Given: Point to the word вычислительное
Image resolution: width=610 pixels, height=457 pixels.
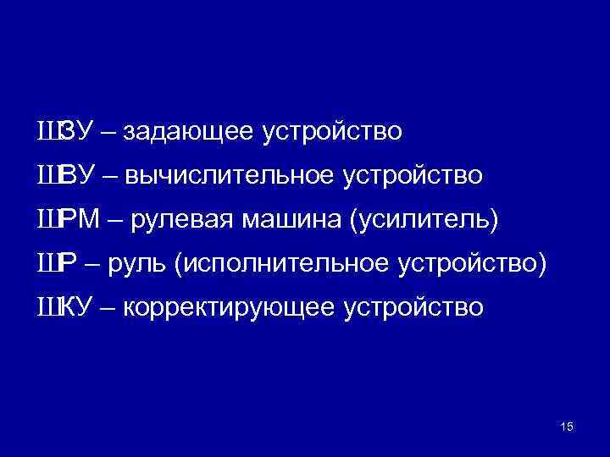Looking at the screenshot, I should [230, 177].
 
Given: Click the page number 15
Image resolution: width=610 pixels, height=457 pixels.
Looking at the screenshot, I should [567, 427].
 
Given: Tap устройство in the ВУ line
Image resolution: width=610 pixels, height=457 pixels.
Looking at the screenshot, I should [414, 177].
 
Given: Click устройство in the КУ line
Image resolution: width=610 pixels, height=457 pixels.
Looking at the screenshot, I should [414, 309].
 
